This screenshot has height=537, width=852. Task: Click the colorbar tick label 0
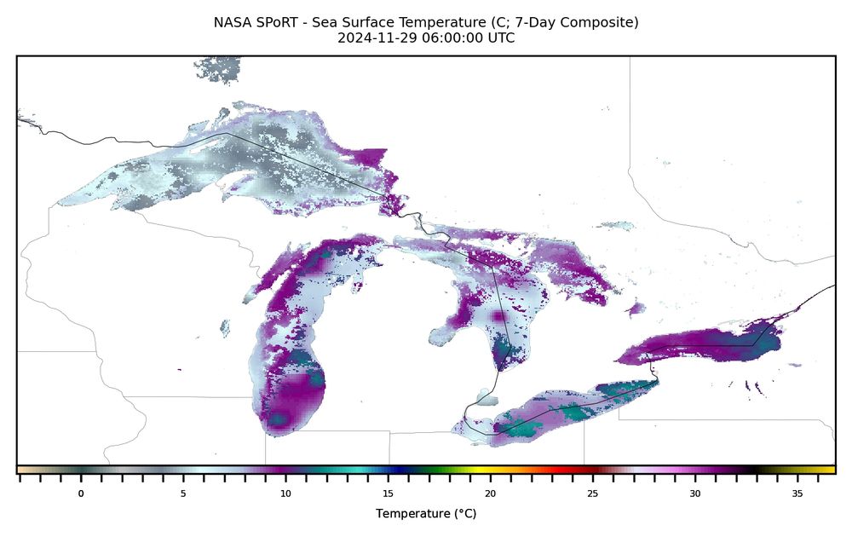tap(81, 494)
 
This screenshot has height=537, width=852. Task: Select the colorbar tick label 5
tap(183, 494)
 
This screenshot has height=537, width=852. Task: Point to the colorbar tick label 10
tap(285, 494)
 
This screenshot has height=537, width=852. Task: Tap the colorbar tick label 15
tap(388, 494)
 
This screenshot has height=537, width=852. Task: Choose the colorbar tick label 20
tap(490, 494)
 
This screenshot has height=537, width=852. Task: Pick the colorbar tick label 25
tap(592, 494)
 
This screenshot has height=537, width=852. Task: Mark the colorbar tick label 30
tap(695, 494)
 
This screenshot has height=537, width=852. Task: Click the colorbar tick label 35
tap(797, 494)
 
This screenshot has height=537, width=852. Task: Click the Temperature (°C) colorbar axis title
tap(425, 514)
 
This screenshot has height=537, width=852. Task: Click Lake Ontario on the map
tap(699, 346)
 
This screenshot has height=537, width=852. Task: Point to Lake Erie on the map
tap(571, 409)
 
